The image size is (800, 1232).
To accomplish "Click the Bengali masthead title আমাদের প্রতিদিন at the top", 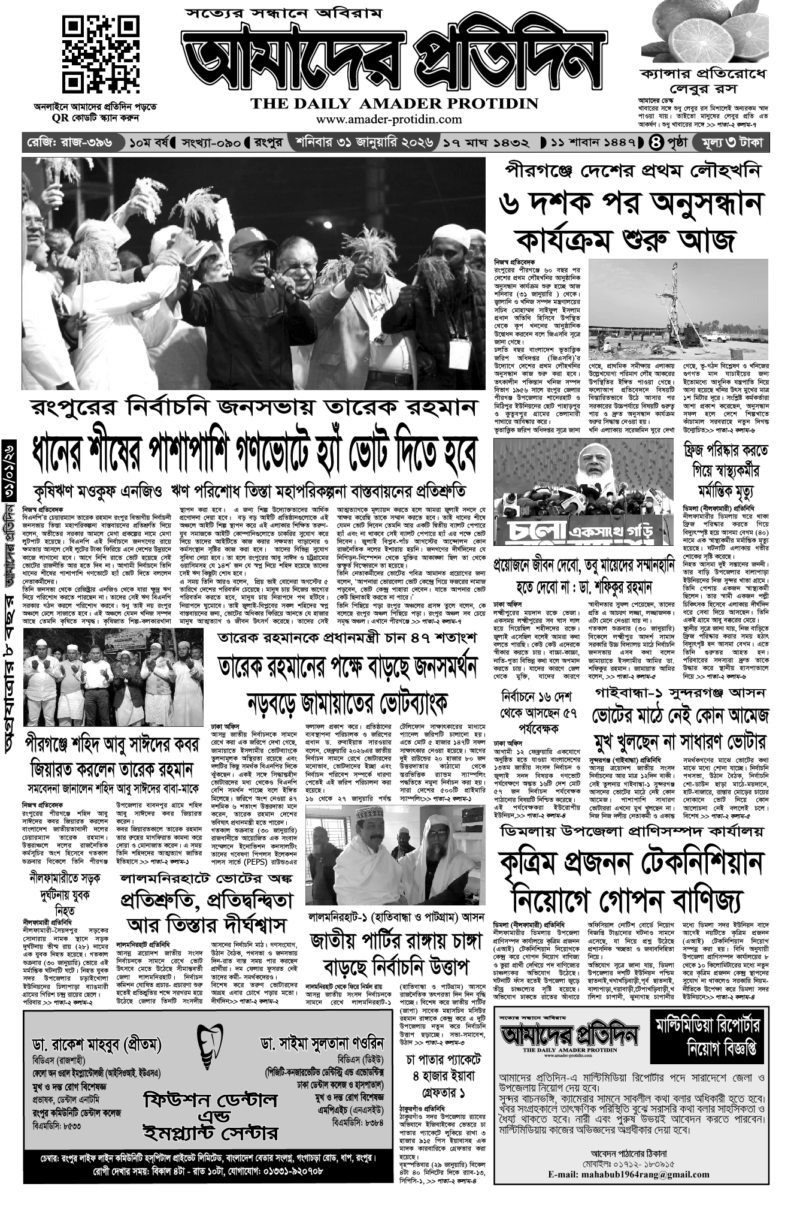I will coord(392,61).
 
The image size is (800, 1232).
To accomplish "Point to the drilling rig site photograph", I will coord(679,308).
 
